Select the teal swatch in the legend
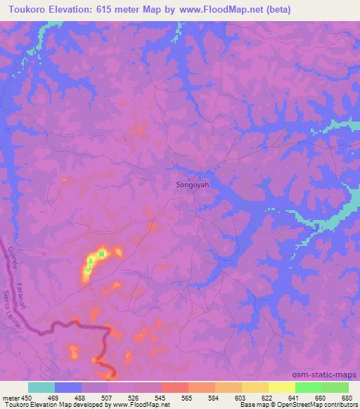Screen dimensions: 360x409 (x=41, y=387)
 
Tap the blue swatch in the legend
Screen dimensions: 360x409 (x=68, y=387)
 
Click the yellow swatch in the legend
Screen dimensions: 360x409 (x=281, y=387)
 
